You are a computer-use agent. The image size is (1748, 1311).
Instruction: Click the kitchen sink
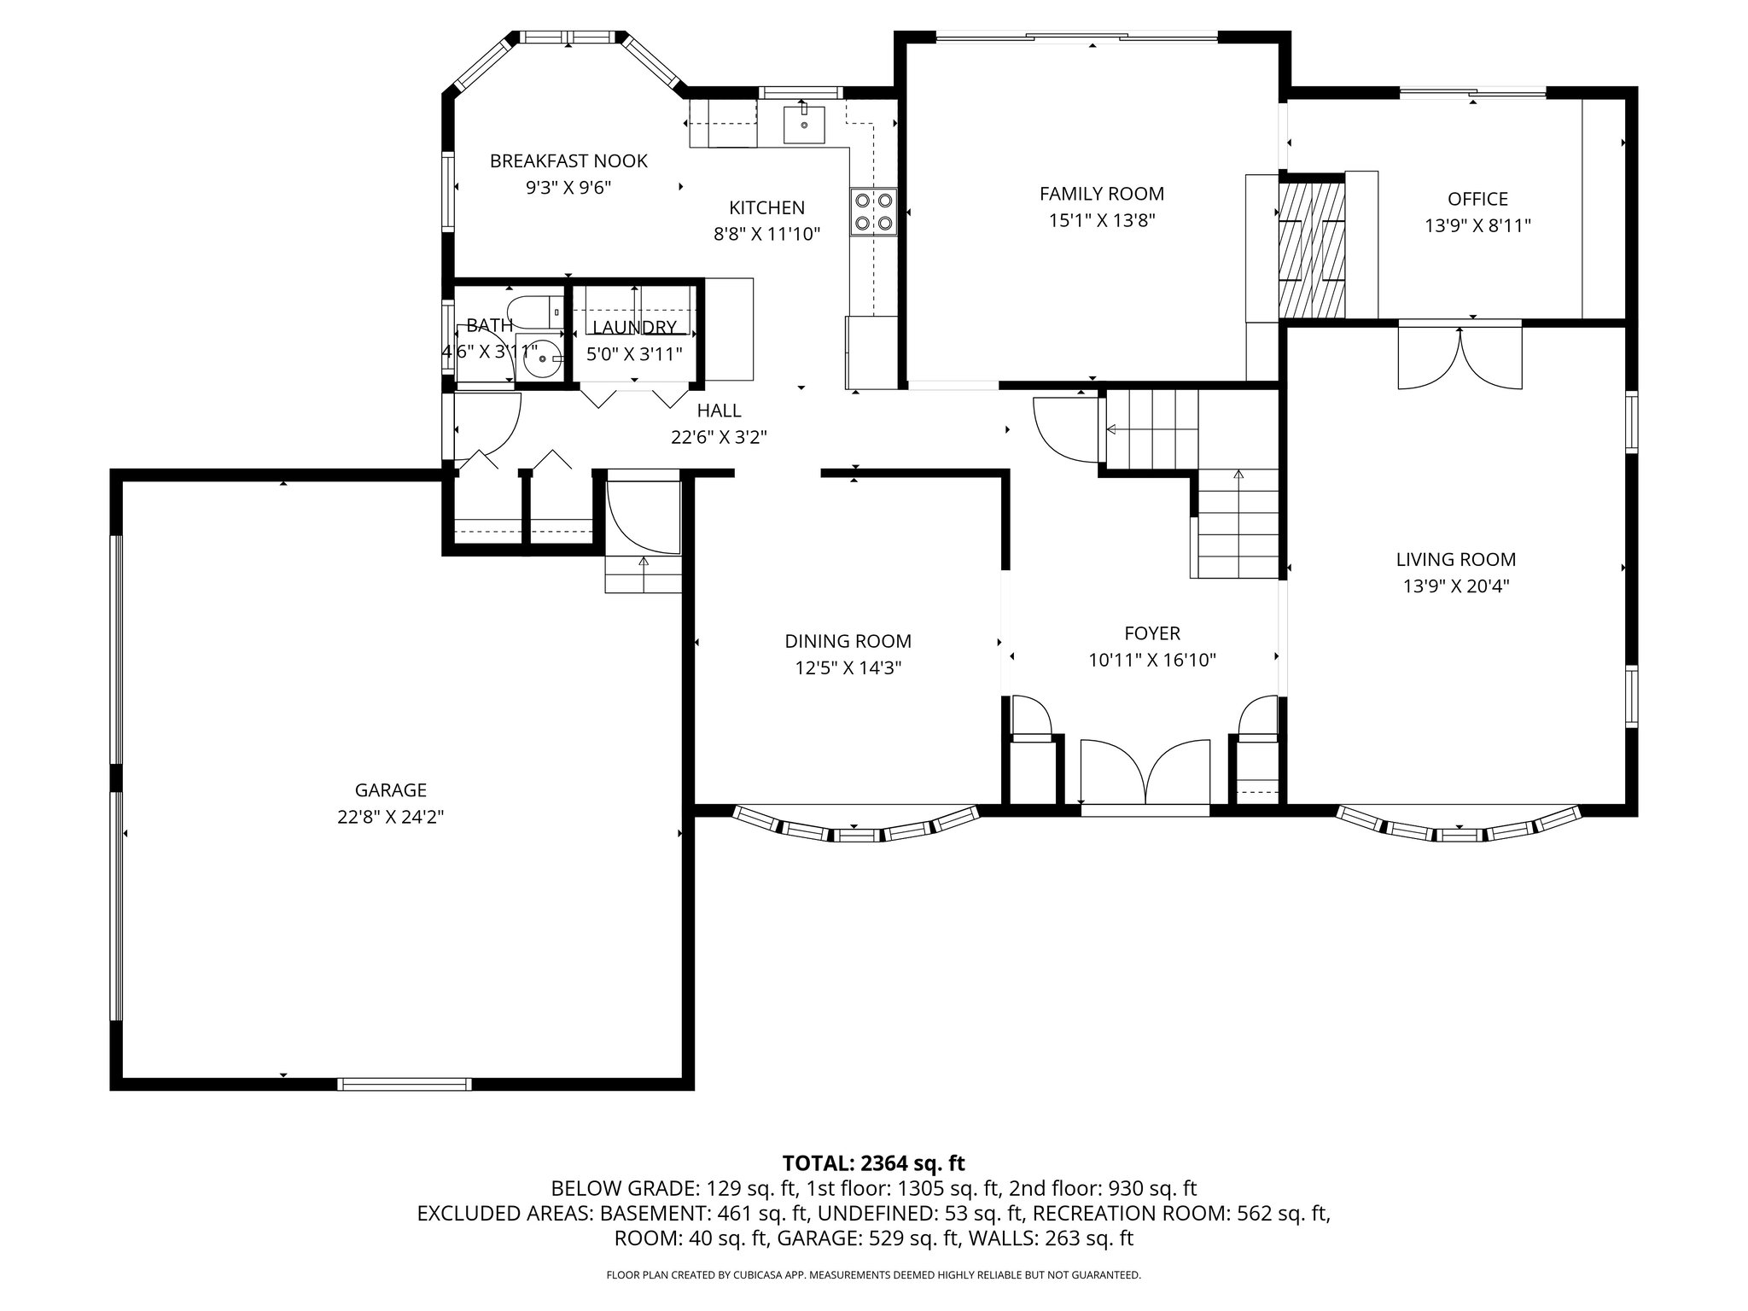(x=804, y=125)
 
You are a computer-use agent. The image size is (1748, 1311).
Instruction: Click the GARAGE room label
(x=391, y=790)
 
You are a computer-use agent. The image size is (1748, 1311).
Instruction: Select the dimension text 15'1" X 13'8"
(x=1101, y=221)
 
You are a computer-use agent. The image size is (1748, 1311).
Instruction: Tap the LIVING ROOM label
(x=1455, y=560)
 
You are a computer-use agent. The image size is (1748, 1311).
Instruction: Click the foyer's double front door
(x=1145, y=772)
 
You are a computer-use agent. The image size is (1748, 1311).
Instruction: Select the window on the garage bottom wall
(x=405, y=1084)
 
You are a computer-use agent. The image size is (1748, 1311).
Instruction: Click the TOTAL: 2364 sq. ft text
(x=873, y=1163)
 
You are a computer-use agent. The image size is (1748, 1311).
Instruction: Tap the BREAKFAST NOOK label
(x=568, y=160)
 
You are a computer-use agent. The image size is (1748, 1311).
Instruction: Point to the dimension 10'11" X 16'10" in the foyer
(x=1151, y=660)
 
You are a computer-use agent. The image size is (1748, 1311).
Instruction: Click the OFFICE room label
(x=1477, y=199)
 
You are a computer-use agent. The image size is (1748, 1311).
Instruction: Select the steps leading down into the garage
(x=644, y=574)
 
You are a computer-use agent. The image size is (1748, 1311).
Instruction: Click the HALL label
(x=719, y=411)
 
